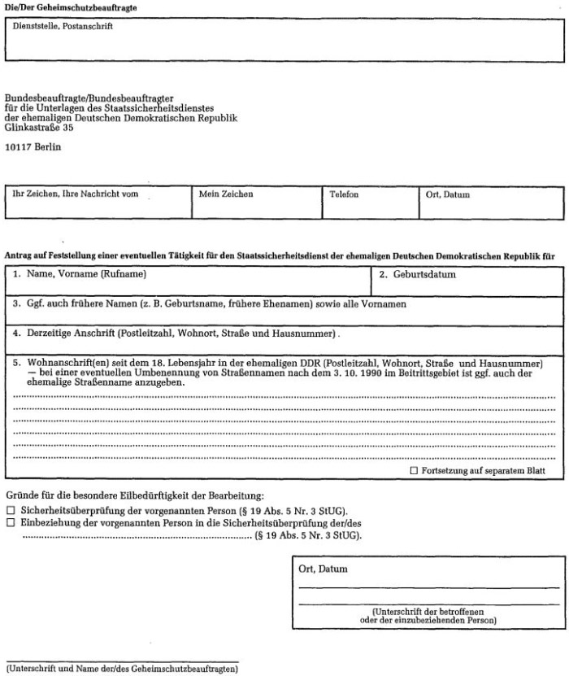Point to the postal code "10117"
point(18,148)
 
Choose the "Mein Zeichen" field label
point(226,194)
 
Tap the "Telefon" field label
point(344,194)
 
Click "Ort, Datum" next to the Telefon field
point(447,194)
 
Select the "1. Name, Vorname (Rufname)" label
point(79,275)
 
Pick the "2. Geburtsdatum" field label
point(418,275)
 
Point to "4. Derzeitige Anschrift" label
point(64,334)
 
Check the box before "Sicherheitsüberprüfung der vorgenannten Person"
point(11,510)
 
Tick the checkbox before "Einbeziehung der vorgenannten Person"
point(11,522)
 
